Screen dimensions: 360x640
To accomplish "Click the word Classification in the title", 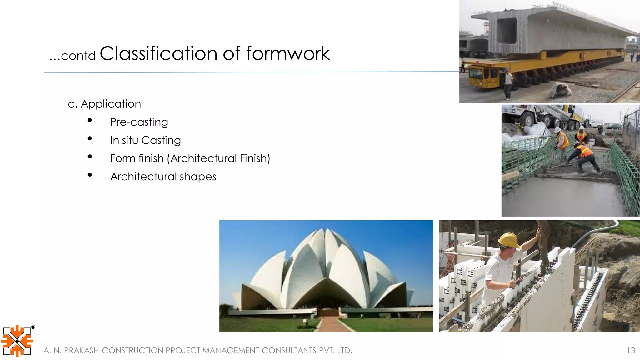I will tap(158, 53).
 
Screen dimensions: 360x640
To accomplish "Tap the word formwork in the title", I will tap(288, 53).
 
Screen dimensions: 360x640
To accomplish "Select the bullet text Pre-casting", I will tap(139, 122).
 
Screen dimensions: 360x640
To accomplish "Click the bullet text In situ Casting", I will tap(145, 140).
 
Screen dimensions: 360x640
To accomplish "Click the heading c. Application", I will tap(104, 104).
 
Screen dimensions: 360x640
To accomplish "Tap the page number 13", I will tap(631, 350).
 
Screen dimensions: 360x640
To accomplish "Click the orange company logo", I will tap(17, 341).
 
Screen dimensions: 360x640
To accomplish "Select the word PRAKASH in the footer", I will tap(81, 351).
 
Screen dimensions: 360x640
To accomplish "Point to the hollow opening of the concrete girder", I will tap(507, 31).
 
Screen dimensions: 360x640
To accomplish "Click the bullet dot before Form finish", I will tap(90, 157).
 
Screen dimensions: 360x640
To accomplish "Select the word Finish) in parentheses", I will tap(255, 158).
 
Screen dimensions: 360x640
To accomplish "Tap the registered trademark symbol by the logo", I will tap(33, 327).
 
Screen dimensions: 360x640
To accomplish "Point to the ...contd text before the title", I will tap(72, 56).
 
